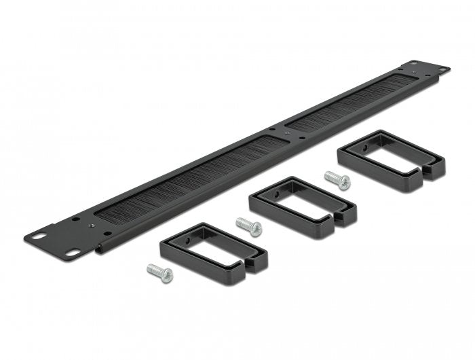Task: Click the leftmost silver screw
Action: point(160,272)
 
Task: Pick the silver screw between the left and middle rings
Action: point(248,226)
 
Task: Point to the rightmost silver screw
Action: point(337,181)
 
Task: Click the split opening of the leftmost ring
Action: point(252,262)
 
